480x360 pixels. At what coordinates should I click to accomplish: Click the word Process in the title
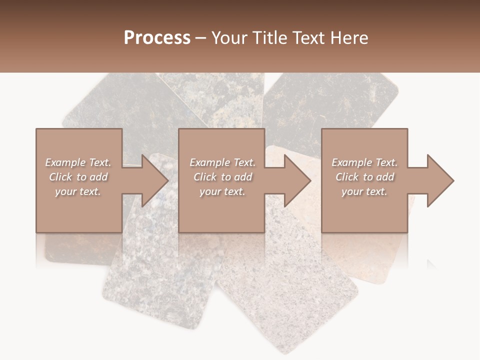tap(157, 38)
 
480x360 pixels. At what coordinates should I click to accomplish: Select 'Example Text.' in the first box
tap(78, 162)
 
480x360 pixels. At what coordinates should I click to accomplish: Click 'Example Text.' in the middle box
tap(222, 162)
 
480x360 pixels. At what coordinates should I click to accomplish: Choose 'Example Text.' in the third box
tap(364, 162)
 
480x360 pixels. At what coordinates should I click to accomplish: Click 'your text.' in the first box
tap(78, 191)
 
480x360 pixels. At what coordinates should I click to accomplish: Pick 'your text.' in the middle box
tap(222, 191)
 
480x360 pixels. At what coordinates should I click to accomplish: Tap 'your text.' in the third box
tap(364, 191)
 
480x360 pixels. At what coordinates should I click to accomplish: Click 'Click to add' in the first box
tap(78, 177)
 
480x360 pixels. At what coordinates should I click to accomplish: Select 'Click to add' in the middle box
tap(222, 177)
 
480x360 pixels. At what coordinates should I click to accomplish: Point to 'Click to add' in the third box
tap(364, 177)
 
